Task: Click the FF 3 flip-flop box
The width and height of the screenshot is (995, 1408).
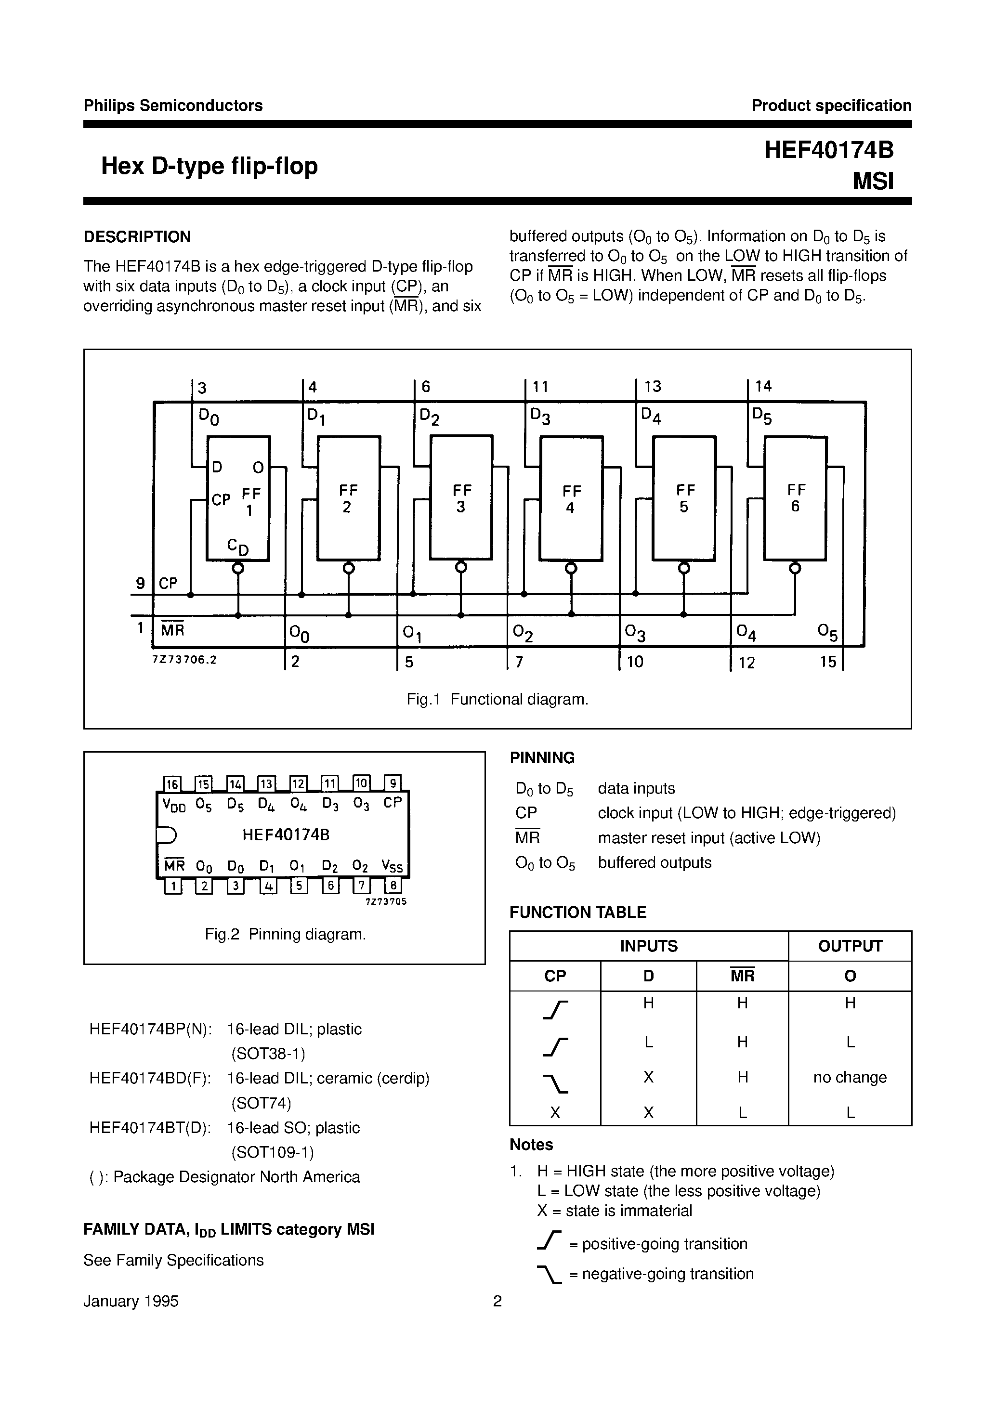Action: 461,497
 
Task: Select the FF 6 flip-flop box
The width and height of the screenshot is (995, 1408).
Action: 795,498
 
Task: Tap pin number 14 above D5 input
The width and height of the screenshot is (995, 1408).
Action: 763,386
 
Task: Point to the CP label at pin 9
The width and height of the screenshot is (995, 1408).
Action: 168,583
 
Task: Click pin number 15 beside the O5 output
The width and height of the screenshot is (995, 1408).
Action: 828,662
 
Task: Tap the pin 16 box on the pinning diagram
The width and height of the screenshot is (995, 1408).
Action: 172,784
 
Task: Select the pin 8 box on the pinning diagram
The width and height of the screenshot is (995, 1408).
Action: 393,886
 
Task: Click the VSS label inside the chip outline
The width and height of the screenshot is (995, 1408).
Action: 392,866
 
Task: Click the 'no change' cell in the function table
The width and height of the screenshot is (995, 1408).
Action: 850,1078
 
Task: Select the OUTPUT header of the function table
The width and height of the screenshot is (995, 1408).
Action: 850,946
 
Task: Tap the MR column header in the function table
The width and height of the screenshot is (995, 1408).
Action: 742,976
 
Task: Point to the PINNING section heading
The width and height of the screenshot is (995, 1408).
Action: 542,758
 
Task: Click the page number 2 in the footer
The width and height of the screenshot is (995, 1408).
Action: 497,1301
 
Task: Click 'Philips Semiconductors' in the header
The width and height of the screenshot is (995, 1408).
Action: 173,105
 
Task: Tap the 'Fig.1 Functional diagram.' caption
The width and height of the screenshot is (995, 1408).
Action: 497,699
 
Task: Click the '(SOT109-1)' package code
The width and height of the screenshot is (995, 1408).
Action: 273,1152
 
